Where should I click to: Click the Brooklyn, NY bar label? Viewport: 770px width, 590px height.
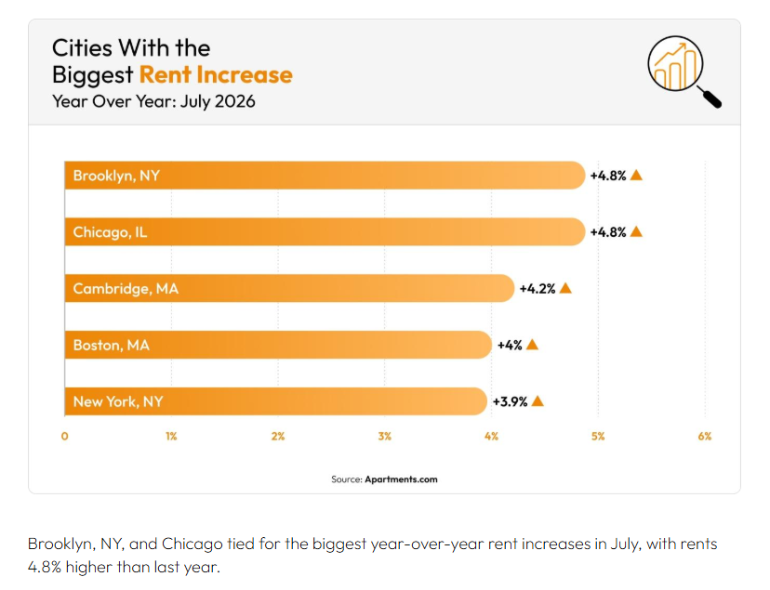tap(116, 176)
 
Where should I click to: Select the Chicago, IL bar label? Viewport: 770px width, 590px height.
tap(110, 232)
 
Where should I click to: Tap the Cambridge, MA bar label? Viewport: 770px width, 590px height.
tap(126, 288)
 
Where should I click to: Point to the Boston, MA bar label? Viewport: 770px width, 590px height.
tap(111, 346)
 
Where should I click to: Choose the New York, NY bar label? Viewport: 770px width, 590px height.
tap(118, 401)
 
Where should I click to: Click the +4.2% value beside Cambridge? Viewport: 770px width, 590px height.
tap(538, 288)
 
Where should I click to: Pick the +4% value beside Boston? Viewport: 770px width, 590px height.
tap(510, 346)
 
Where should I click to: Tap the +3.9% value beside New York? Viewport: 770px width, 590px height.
tap(510, 401)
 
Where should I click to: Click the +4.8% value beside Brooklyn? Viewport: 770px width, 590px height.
tap(608, 176)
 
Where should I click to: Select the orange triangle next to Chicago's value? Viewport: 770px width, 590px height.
tap(636, 231)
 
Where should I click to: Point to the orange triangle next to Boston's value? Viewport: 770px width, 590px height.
tap(532, 345)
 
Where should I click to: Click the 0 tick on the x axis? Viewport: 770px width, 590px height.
tap(65, 436)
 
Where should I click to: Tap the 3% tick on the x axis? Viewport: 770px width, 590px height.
tap(384, 436)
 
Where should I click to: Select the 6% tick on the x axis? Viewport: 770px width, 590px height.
tap(705, 436)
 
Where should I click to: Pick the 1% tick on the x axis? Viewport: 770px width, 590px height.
tap(171, 436)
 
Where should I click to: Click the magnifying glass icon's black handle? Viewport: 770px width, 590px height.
tap(710, 98)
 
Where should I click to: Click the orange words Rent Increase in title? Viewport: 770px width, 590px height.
tap(216, 74)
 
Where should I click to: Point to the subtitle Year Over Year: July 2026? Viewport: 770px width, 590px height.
tap(153, 101)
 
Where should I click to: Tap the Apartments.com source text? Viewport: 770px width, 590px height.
tap(401, 479)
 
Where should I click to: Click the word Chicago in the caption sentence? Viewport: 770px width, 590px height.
tap(192, 544)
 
